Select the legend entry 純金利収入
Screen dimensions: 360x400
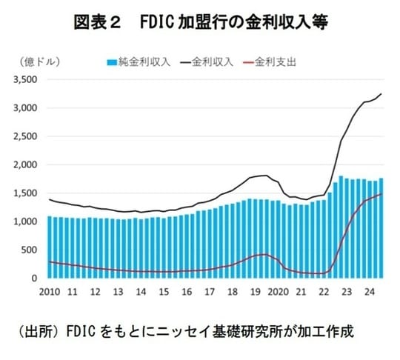point(141,61)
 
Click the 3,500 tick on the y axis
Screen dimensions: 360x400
point(27,80)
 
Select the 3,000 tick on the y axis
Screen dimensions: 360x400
point(27,108)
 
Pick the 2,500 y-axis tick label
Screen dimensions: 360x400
point(27,136)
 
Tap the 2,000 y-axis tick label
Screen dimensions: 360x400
point(27,164)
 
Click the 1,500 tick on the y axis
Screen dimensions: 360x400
point(27,193)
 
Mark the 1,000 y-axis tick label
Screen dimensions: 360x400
point(27,221)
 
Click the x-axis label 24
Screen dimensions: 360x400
point(368,292)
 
